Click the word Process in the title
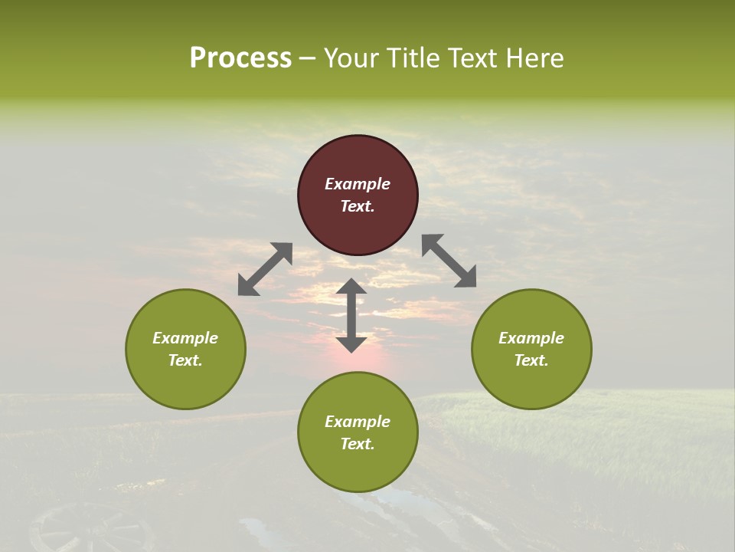pos(240,58)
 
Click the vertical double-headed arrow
pos(351,315)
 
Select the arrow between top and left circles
pos(265,268)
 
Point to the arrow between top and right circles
pos(449,261)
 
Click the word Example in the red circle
pos(358,184)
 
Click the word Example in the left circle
pos(185,338)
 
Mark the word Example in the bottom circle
pos(358,422)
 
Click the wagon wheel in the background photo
pos(92,529)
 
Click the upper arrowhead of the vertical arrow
pos(351,288)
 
